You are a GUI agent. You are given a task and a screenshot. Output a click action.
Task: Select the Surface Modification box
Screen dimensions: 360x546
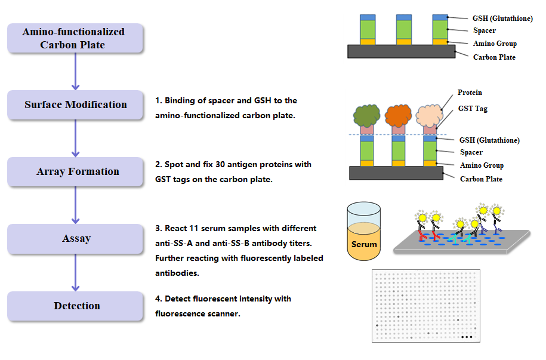[75, 105]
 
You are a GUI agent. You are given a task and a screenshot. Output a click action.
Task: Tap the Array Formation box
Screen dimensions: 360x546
[75, 172]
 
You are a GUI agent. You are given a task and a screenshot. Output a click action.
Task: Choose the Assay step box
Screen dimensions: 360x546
[75, 239]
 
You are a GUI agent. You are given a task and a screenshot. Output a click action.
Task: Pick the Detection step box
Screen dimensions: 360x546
[75, 306]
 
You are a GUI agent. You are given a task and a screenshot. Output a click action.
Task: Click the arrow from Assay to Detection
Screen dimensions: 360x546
[75, 272]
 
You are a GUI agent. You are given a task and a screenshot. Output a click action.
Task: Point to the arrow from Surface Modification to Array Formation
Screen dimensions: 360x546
[75, 139]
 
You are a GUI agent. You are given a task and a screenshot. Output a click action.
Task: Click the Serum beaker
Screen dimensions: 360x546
[364, 233]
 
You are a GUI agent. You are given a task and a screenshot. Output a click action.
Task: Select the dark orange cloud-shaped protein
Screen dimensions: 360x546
[399, 115]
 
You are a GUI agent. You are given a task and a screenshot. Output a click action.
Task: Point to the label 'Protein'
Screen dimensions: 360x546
[470, 93]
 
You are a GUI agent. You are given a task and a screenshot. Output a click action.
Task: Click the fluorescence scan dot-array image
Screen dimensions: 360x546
[425, 306]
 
